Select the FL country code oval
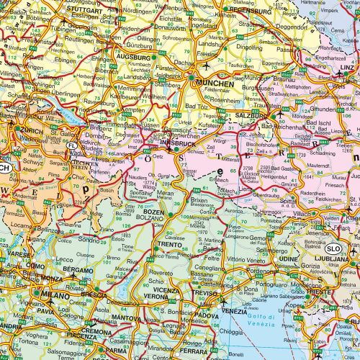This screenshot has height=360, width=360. (71, 146)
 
